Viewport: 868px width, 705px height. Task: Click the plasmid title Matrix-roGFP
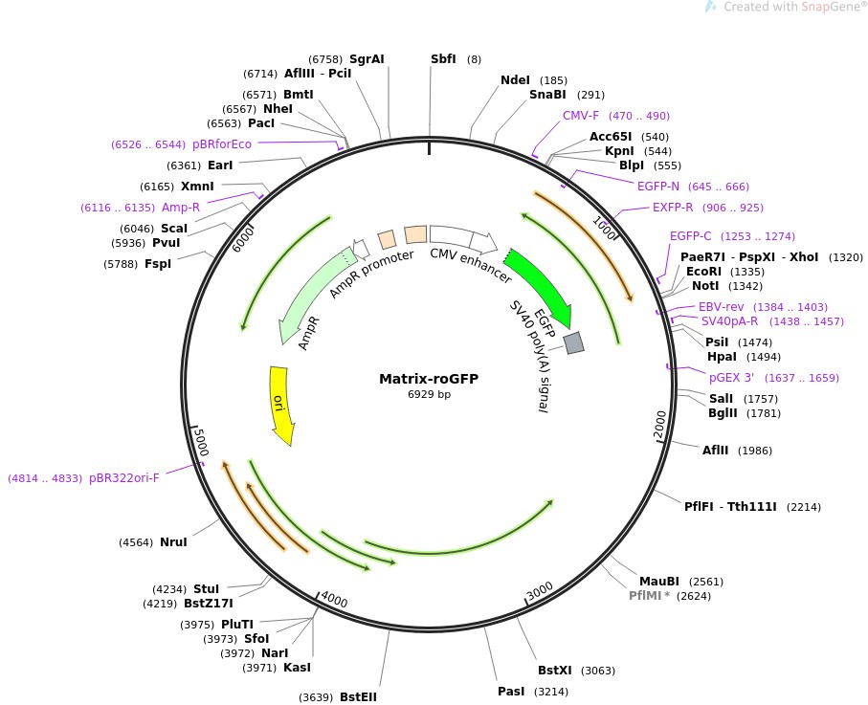click(429, 379)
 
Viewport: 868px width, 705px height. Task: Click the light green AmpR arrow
click(313, 296)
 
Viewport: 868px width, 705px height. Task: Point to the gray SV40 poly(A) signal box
click(573, 342)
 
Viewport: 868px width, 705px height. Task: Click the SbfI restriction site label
click(443, 58)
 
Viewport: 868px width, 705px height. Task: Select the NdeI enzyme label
click(515, 80)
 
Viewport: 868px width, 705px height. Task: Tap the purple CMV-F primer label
click(581, 116)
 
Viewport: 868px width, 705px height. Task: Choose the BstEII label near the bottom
click(358, 696)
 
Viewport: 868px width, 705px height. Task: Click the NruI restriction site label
click(173, 542)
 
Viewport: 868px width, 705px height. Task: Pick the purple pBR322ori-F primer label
click(124, 478)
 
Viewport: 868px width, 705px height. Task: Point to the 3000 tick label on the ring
click(540, 591)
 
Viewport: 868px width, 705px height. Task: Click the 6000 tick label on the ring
click(243, 239)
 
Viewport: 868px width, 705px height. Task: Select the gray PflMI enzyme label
click(645, 595)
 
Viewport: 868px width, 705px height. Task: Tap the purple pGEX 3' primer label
click(731, 378)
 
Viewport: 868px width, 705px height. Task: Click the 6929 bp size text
click(429, 394)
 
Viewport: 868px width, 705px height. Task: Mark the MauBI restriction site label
click(658, 581)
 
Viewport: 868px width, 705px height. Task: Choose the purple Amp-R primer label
click(181, 208)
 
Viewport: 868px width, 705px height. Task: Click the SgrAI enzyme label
click(367, 59)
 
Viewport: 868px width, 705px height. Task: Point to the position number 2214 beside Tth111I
click(803, 507)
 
